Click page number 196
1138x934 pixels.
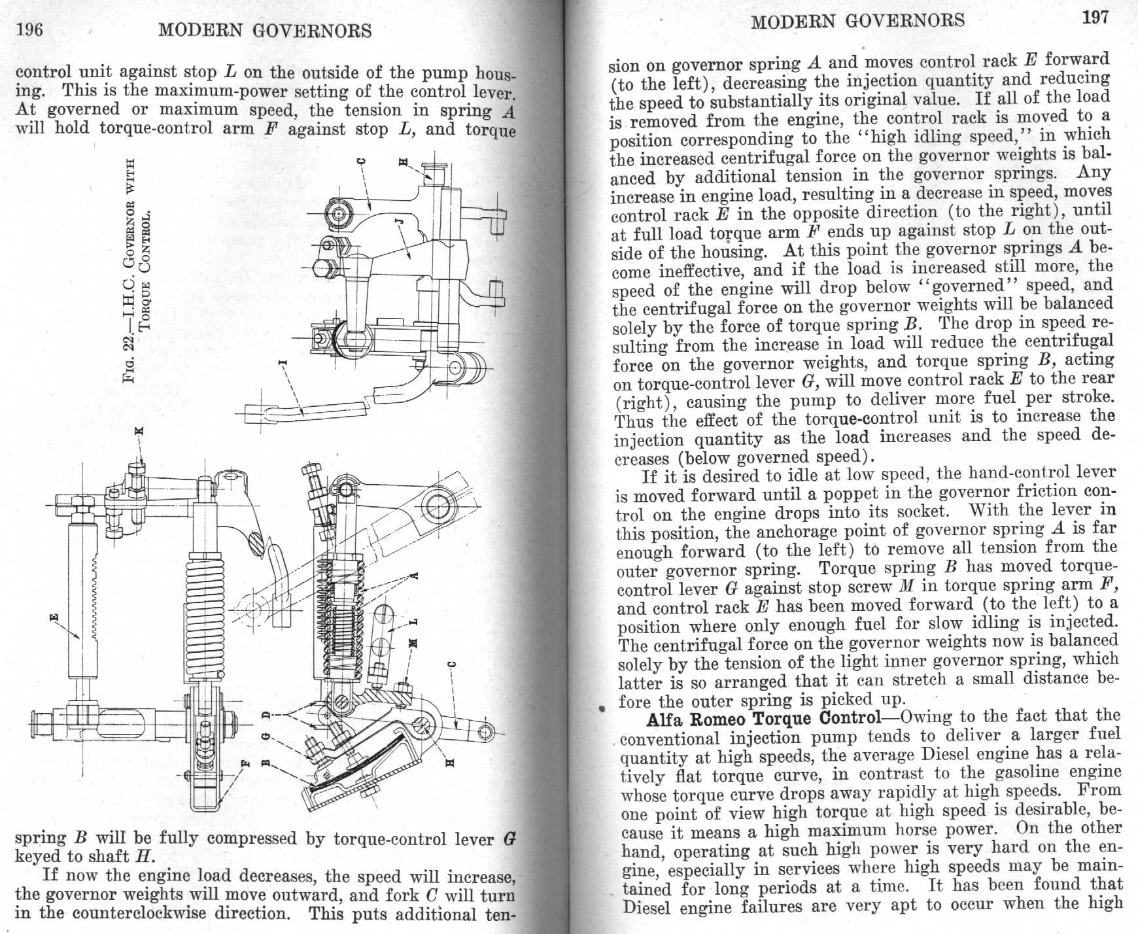tap(29, 29)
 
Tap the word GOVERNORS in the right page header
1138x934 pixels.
tap(905, 20)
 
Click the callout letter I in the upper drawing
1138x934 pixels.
tap(283, 362)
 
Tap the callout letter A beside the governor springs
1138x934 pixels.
tap(413, 576)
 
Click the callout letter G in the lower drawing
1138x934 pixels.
tap(266, 738)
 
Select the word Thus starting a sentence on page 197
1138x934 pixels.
tap(633, 421)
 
